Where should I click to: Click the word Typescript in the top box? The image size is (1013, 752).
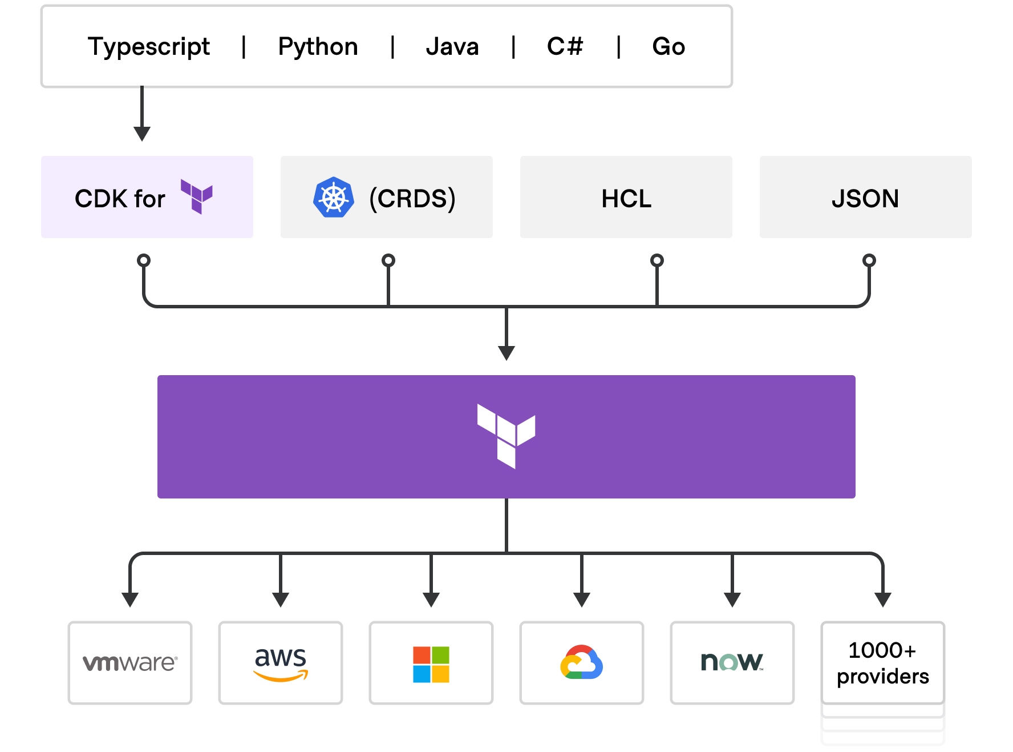149,47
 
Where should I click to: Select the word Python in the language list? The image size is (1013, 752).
318,47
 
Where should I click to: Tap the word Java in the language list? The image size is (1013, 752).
452,46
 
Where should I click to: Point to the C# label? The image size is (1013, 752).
565,46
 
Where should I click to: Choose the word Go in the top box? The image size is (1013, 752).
668,46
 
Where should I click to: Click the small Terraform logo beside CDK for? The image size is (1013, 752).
197,196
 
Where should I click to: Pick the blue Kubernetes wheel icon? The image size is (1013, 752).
334,197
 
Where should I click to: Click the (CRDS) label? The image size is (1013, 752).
412,199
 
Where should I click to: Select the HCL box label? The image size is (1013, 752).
626,199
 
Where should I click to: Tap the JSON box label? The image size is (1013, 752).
865,199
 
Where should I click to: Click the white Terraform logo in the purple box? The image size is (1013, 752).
506,436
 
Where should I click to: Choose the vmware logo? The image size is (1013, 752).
130,663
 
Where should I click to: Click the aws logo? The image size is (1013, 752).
281,664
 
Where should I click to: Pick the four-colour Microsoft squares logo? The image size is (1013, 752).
431,665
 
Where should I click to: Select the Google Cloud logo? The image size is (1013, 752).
582,662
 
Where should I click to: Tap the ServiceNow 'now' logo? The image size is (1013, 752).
732,662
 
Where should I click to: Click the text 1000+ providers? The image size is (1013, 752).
883,663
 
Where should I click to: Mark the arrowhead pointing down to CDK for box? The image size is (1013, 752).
142,134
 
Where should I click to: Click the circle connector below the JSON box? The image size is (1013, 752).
869,260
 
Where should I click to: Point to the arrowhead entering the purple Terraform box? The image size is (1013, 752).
506,353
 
